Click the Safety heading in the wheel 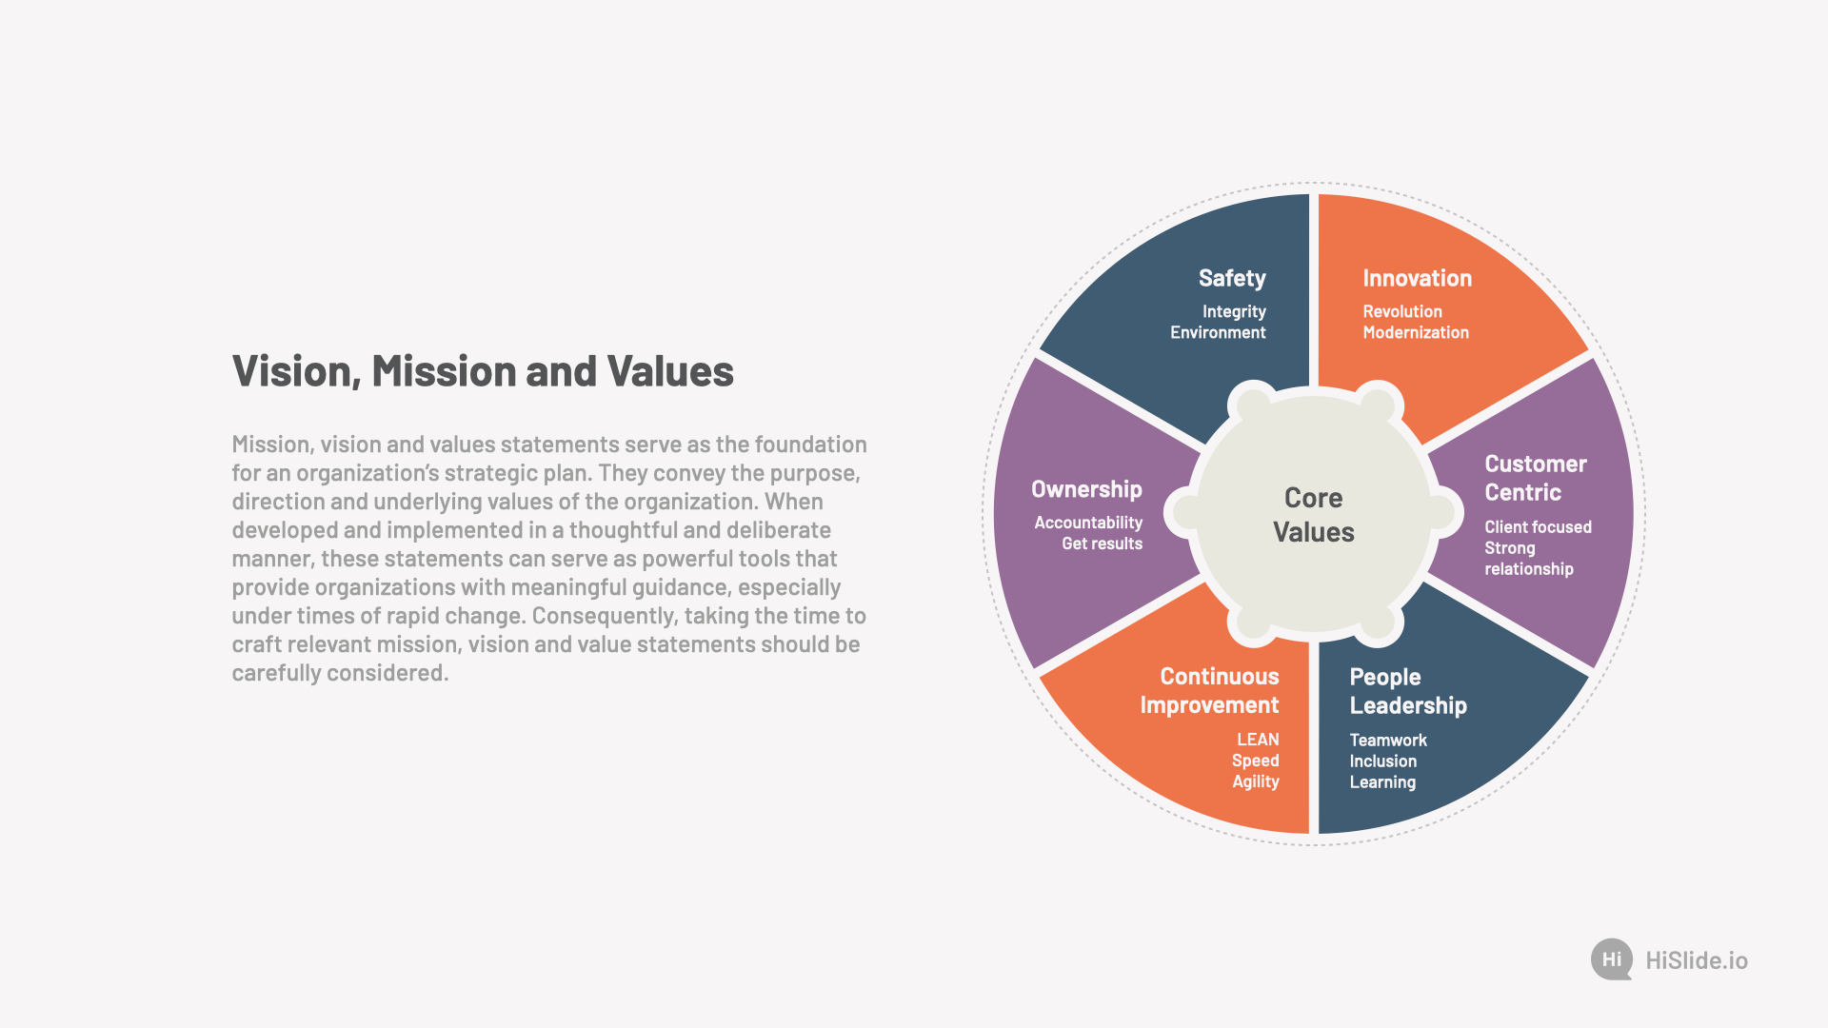pyautogui.click(x=1232, y=278)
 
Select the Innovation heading pyautogui.click(x=1417, y=278)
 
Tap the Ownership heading pyautogui.click(x=1086, y=489)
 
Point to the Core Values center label pyautogui.click(x=1314, y=515)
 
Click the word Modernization pyautogui.click(x=1416, y=332)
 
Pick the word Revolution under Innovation pyautogui.click(x=1402, y=311)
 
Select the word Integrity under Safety pyautogui.click(x=1234, y=311)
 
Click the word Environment pyautogui.click(x=1218, y=332)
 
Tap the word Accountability pyautogui.click(x=1088, y=523)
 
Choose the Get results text pyautogui.click(x=1102, y=544)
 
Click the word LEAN pyautogui.click(x=1258, y=740)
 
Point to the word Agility pyautogui.click(x=1256, y=781)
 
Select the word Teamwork pyautogui.click(x=1388, y=740)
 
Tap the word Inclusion pyautogui.click(x=1382, y=761)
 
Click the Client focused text pyautogui.click(x=1538, y=526)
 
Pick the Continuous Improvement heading pyautogui.click(x=1210, y=690)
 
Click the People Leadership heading pyautogui.click(x=1408, y=691)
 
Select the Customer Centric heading pyautogui.click(x=1536, y=478)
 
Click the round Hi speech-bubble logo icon pyautogui.click(x=1612, y=959)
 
